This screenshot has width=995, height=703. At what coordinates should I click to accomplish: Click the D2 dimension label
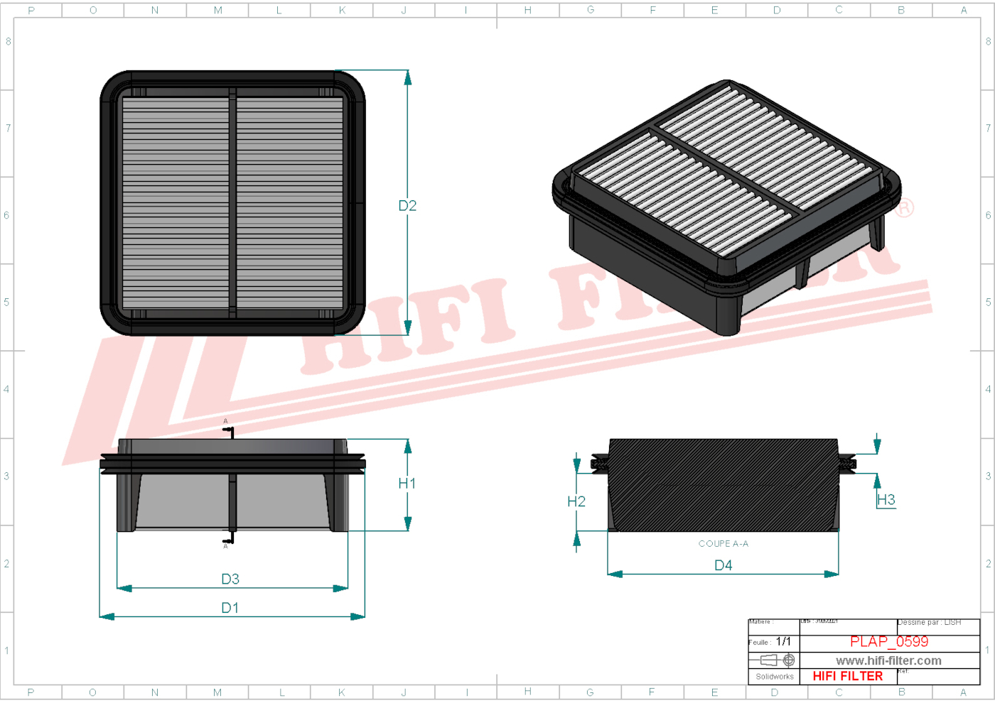click(x=407, y=206)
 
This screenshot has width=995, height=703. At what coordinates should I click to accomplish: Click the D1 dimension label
click(x=230, y=608)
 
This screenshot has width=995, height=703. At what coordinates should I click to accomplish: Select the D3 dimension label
click(x=230, y=579)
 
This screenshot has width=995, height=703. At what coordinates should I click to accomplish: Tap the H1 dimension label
click(x=407, y=484)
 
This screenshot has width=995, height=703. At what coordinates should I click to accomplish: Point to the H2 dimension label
click(x=576, y=502)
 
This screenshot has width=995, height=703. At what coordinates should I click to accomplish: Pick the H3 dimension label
click(x=886, y=500)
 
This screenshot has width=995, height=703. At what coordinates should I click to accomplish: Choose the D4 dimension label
click(x=724, y=565)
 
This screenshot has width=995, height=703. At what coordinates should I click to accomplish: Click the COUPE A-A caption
click(x=724, y=544)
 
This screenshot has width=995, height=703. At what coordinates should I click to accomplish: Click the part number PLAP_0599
click(x=889, y=642)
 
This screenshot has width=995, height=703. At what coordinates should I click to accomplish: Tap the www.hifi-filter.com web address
click(x=888, y=661)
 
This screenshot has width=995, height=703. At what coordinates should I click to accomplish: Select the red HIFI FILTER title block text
click(x=848, y=677)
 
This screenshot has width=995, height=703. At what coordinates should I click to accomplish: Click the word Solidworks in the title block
click(x=775, y=677)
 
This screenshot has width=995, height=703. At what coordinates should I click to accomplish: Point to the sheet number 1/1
click(x=783, y=642)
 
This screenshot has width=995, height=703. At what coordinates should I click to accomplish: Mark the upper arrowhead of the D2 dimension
click(x=408, y=77)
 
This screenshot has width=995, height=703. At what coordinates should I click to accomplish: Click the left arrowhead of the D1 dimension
click(x=107, y=616)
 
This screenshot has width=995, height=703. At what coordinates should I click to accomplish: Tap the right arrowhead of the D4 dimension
click(x=832, y=574)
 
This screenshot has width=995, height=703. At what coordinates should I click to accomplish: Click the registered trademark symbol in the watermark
click(x=904, y=208)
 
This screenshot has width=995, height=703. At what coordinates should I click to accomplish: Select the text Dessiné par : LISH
click(x=930, y=623)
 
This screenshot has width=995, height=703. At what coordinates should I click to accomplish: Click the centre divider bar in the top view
click(x=232, y=203)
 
